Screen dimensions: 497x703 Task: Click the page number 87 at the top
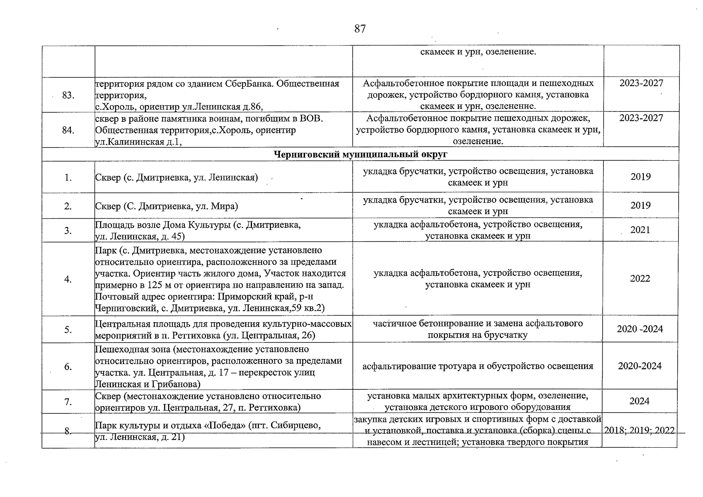click(x=360, y=29)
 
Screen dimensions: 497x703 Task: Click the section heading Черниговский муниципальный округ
click(x=361, y=154)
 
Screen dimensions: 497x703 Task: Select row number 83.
click(x=68, y=95)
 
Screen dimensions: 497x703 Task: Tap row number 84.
click(x=68, y=130)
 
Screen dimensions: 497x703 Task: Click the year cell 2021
click(x=640, y=230)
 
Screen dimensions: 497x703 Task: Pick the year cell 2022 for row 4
click(x=640, y=278)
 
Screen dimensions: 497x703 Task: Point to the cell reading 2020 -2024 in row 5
click(x=640, y=329)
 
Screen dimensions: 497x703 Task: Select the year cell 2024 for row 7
click(x=640, y=401)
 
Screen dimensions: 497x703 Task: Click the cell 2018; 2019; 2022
click(x=639, y=430)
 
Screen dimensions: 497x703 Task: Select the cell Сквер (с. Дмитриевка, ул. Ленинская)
click(x=177, y=178)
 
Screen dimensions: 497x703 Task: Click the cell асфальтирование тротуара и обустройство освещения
click(x=478, y=366)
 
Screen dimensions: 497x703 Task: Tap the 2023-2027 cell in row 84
click(x=641, y=118)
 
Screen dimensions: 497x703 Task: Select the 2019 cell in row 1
click(x=640, y=177)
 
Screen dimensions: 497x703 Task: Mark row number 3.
click(x=68, y=230)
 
